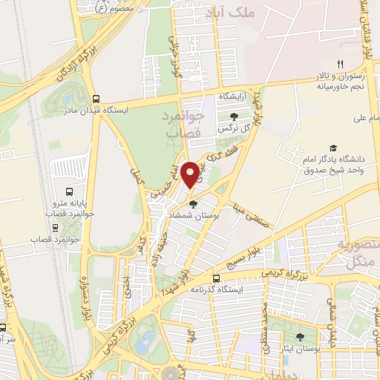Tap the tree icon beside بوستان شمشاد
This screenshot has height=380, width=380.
pos(194,204)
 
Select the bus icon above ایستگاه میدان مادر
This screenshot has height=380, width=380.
pos(96,98)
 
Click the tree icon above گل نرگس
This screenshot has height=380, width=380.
pos(235,117)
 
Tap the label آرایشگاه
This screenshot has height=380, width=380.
pos(232,97)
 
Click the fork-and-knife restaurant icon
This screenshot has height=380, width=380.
pos(340,64)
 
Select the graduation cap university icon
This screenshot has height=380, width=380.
pos(333,148)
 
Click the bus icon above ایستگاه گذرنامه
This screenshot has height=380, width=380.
pos(216,279)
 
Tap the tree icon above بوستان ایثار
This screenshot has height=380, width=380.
pos(300,336)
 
